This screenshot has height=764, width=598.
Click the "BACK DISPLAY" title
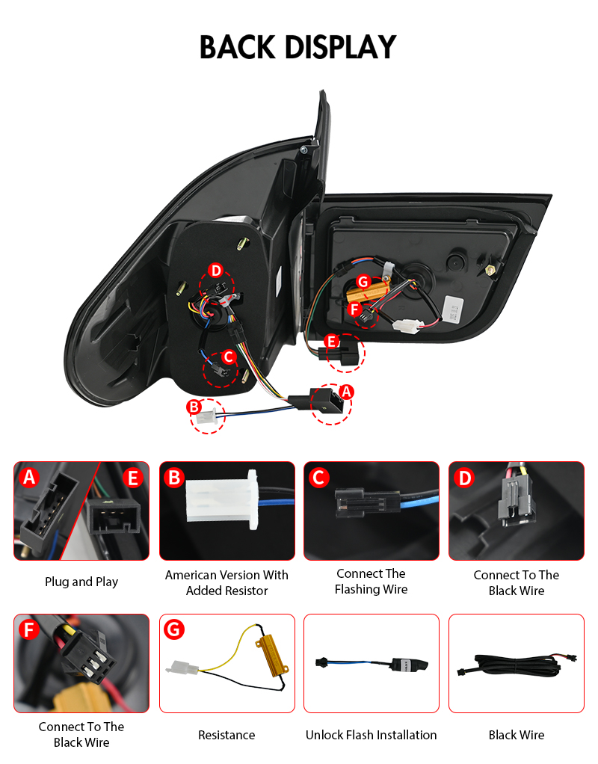tap(298, 47)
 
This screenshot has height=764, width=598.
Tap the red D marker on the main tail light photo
tap(215, 271)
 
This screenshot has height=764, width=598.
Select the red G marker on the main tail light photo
tap(363, 282)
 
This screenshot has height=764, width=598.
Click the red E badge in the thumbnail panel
tap(132, 478)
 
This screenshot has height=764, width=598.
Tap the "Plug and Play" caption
tap(81, 582)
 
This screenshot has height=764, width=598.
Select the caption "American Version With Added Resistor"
tap(226, 583)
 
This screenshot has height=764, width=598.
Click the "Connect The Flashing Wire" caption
tap(371, 582)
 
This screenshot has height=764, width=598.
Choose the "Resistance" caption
tap(226, 735)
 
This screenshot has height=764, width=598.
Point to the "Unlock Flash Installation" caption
tap(371, 735)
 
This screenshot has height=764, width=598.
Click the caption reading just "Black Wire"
tap(517, 735)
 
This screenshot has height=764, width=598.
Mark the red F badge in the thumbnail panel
tap(28, 629)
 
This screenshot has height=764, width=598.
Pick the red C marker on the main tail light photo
tap(228, 357)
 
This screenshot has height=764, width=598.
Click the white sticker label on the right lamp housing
tap(453, 309)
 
